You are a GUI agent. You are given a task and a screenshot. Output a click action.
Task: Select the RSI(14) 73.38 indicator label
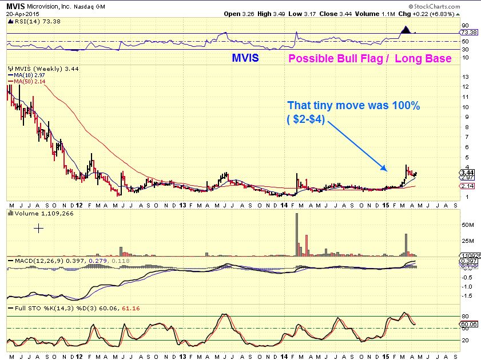(29, 21)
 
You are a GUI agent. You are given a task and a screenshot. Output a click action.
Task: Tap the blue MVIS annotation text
(246, 58)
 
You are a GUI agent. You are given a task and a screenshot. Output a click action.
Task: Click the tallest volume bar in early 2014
(297, 235)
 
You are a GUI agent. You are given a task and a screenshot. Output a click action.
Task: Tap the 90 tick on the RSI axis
(466, 26)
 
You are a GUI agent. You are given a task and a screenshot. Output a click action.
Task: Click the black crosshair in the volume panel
(38, 228)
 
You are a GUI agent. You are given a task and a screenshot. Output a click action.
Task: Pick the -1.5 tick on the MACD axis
(468, 296)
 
